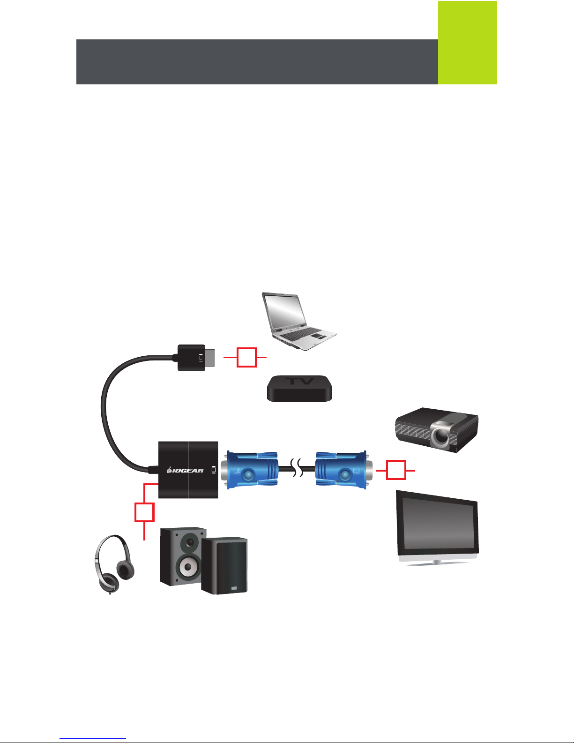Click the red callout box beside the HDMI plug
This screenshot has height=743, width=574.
pyautogui.click(x=246, y=357)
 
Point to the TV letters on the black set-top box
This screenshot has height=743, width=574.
pyautogui.click(x=300, y=382)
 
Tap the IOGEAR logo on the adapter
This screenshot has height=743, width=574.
pyautogui.click(x=186, y=470)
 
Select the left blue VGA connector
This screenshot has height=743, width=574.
pyautogui.click(x=252, y=470)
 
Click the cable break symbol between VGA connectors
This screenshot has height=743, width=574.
pyautogui.click(x=297, y=470)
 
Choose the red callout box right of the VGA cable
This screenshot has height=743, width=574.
pyautogui.click(x=396, y=470)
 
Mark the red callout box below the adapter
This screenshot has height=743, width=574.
pyautogui.click(x=144, y=512)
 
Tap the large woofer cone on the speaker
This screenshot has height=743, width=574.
pyautogui.click(x=188, y=567)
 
